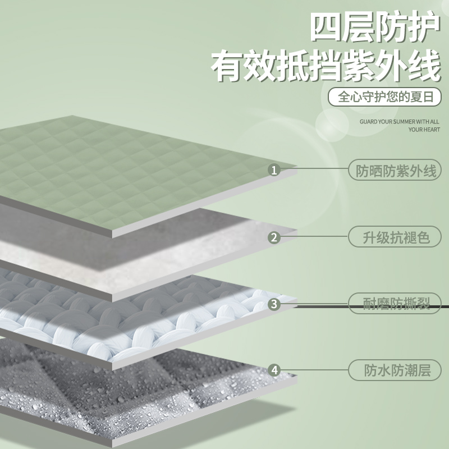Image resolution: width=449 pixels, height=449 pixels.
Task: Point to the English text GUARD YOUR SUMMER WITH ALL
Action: point(400,121)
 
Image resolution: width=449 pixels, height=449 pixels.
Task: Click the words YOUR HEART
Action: point(424,130)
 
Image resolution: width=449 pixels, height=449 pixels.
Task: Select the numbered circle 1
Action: point(274,170)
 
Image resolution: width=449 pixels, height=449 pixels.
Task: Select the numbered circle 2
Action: point(274,237)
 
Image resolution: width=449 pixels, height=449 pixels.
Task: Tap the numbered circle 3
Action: point(274,304)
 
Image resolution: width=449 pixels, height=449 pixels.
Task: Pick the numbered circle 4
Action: point(274,370)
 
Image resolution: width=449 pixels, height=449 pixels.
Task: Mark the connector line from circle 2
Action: point(314,237)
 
